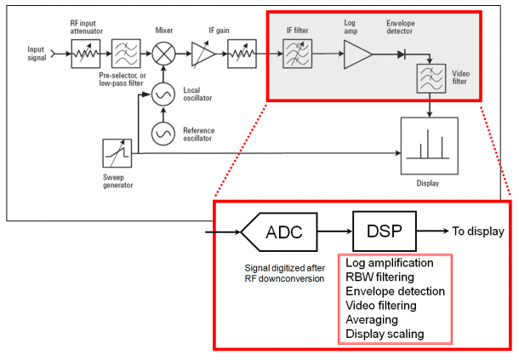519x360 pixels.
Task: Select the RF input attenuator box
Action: (86, 54)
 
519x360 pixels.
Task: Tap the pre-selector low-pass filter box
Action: (126, 54)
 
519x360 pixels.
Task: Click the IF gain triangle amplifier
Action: (203, 54)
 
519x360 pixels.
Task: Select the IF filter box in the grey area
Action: (297, 54)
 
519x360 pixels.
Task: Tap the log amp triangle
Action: (358, 54)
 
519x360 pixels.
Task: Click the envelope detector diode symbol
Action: (402, 54)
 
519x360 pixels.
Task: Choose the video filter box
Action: (431, 78)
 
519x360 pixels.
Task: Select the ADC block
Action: (279, 231)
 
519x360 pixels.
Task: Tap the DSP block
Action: (385, 231)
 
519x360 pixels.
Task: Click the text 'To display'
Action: (478, 231)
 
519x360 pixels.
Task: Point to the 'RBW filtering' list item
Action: (379, 277)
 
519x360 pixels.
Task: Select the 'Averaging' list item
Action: (372, 320)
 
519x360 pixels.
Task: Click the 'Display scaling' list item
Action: (385, 334)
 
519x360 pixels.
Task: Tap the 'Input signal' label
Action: (37, 54)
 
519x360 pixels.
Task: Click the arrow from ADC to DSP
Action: (335, 231)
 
